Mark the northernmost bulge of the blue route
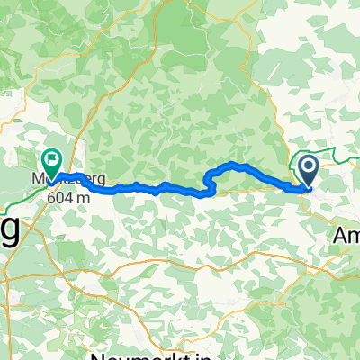[x=233, y=164]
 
